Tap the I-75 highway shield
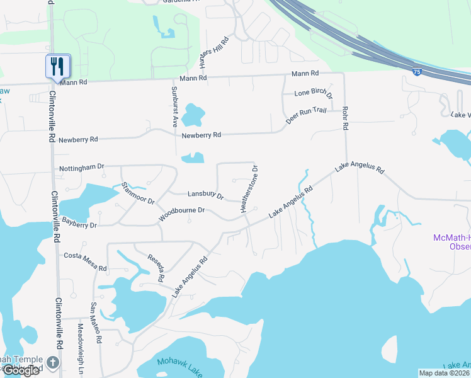click(417, 72)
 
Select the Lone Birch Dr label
click(313, 94)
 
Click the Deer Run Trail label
click(305, 114)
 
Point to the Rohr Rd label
click(345, 118)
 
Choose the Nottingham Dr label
click(81, 168)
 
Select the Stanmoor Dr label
click(137, 192)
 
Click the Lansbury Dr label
click(206, 195)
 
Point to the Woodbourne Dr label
click(182, 214)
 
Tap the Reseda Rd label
click(156, 267)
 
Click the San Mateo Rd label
click(95, 322)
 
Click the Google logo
click(21, 370)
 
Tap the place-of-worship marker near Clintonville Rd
click(52, 363)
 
